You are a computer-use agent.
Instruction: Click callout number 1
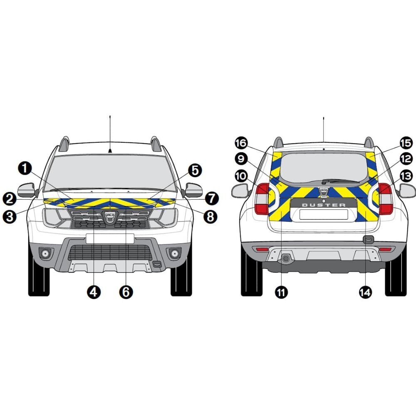pyautogui.click(x=25, y=168)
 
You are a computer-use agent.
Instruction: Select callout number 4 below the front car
pyautogui.click(x=94, y=292)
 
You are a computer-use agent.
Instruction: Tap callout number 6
pyautogui.click(x=126, y=292)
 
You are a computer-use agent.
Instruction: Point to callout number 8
pyautogui.click(x=210, y=217)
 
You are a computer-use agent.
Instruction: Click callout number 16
pyautogui.click(x=241, y=143)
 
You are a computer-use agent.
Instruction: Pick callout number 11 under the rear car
pyautogui.click(x=281, y=292)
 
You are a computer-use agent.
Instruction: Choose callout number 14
pyautogui.click(x=365, y=292)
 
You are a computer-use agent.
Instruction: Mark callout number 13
pyautogui.click(x=406, y=176)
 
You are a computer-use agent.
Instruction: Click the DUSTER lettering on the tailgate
pyautogui.click(x=324, y=205)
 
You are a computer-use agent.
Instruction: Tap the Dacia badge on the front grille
pyautogui.click(x=110, y=216)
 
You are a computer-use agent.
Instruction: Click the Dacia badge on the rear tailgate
pyautogui.click(x=324, y=191)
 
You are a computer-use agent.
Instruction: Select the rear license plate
pyautogui.click(x=324, y=214)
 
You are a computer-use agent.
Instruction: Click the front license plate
pyautogui.click(x=110, y=238)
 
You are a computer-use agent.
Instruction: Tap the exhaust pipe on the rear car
pyautogui.click(x=286, y=258)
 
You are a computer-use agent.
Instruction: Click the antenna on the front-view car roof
pyautogui.click(x=110, y=134)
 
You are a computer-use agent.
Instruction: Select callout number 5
pyautogui.click(x=195, y=171)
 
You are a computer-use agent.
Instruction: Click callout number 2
pyautogui.click(x=10, y=199)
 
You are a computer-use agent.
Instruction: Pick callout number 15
pyautogui.click(x=406, y=143)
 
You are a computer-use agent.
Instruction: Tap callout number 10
pyautogui.click(x=241, y=176)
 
